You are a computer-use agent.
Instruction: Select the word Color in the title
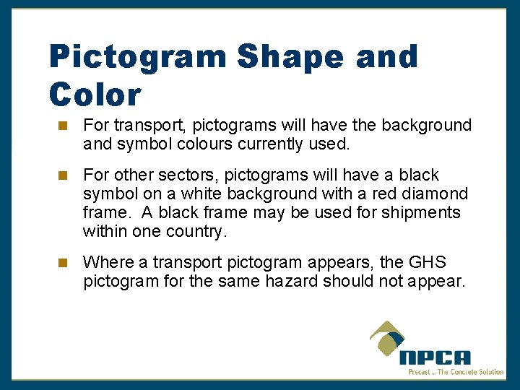pos(95,94)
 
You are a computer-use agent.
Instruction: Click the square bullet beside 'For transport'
pos(63,126)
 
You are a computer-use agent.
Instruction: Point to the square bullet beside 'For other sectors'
pos(63,175)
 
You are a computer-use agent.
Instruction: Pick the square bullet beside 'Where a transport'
pos(63,263)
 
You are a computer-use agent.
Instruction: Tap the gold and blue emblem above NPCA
pos(390,338)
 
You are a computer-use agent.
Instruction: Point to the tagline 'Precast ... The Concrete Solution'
pos(455,371)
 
